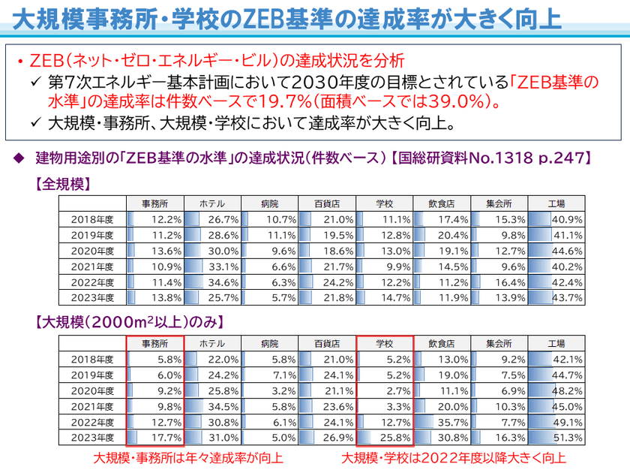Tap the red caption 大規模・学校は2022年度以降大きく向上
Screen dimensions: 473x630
tap(454, 457)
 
